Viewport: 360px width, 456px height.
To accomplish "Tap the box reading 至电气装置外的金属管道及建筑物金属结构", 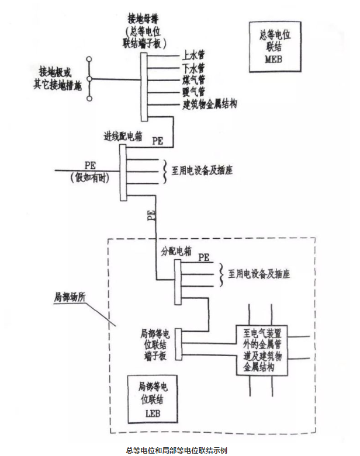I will (x=262, y=350).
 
